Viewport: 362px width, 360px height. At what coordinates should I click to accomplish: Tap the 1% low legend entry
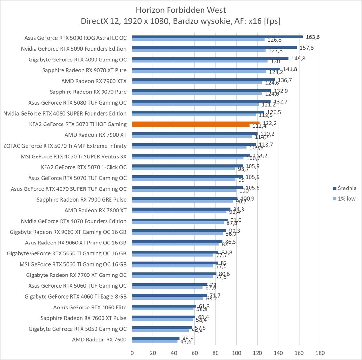[344, 199]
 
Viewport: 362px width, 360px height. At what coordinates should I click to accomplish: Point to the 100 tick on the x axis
[236, 353]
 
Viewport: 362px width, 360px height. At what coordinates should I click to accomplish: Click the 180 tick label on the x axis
[320, 353]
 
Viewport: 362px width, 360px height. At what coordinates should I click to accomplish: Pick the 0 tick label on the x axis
[132, 353]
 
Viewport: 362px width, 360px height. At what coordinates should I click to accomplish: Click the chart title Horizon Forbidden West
[181, 10]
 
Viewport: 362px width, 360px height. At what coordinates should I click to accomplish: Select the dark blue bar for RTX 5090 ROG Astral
[217, 36]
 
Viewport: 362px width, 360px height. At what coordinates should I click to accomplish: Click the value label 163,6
[313, 37]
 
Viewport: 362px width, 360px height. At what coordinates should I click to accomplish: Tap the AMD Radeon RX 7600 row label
[99, 340]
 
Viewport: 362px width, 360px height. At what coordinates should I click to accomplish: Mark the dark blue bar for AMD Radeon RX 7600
[156, 338]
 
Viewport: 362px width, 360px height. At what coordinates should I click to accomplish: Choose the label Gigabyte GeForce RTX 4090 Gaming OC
[78, 60]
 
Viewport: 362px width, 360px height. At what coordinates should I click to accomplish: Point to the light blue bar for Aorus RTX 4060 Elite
[163, 309]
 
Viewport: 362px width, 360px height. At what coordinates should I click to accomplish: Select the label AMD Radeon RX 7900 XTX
[94, 81]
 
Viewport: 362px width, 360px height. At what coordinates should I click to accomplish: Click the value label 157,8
[307, 48]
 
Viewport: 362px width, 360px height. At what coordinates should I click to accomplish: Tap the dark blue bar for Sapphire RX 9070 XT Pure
[206, 69]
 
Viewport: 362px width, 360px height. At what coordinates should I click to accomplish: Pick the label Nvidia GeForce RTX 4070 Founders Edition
[74, 221]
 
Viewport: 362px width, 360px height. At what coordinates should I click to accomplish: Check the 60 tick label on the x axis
[195, 353]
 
